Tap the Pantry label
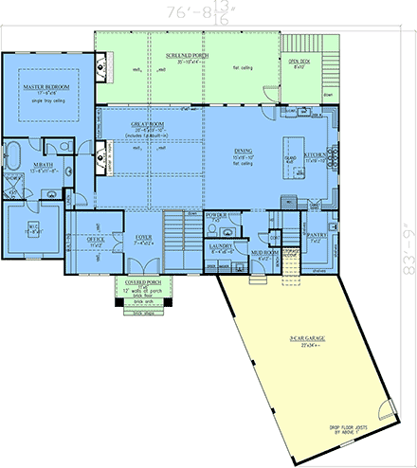pyautogui.click(x=316, y=238)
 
